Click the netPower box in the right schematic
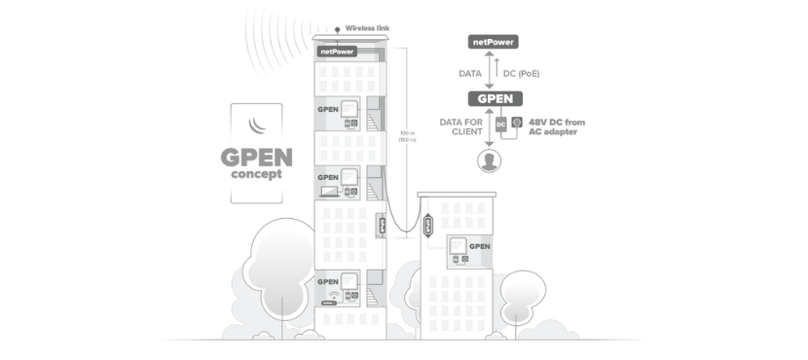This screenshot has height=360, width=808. pos(492,42)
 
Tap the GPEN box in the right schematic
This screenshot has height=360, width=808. pos(494,98)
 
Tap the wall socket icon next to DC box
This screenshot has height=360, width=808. pos(517,124)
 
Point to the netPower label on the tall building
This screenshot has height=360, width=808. pos(336,51)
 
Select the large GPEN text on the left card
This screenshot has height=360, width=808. pos(256,158)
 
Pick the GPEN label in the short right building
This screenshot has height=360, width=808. pos(479,246)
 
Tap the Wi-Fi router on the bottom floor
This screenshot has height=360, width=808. pos(333,297)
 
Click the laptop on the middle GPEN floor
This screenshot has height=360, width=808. pos(330,193)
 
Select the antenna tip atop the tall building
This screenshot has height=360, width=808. pos(338,29)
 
